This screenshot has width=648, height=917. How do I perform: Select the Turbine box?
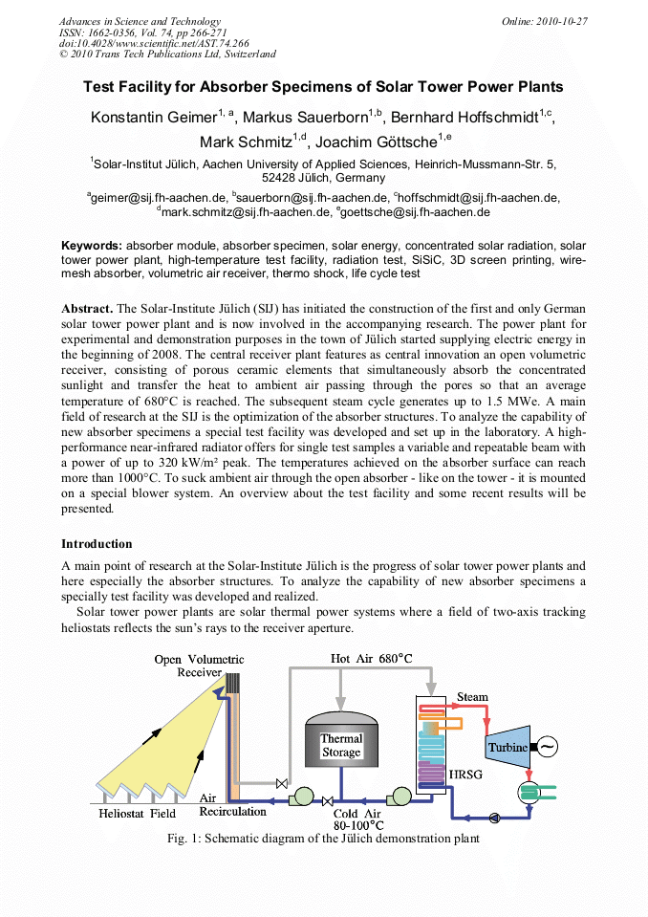(508, 747)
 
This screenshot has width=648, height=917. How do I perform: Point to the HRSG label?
(464, 773)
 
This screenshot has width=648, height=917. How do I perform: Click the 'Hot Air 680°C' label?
(371, 659)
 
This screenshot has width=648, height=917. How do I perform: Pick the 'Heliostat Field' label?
(138, 814)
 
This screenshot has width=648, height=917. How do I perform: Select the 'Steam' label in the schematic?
(472, 697)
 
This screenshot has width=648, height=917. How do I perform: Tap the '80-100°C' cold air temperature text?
(358, 824)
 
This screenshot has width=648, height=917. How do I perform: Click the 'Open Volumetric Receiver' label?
(199, 666)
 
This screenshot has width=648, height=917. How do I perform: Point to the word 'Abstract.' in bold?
(87, 309)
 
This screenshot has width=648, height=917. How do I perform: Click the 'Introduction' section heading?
(97, 543)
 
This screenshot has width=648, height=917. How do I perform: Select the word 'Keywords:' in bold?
(92, 246)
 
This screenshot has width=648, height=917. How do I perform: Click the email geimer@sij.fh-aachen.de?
(159, 198)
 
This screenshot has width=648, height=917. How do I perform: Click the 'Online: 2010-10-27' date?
(545, 21)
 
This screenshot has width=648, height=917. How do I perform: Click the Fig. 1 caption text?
(323, 839)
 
